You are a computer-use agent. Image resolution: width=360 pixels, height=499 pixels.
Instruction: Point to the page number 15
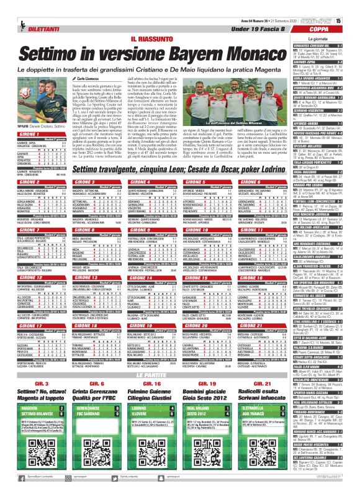[356, 22]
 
